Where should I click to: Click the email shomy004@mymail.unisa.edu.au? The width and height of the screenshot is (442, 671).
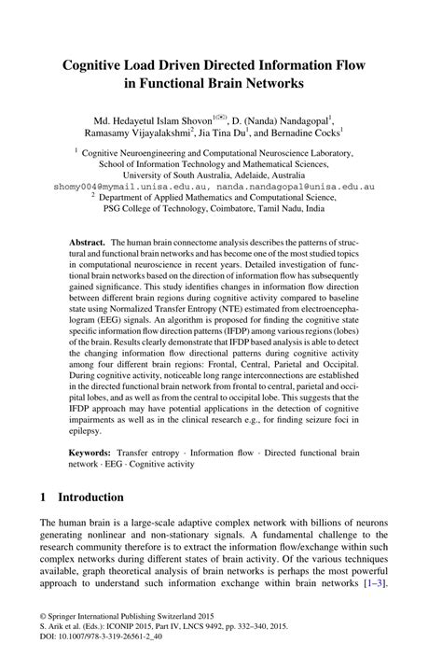[120, 186]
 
